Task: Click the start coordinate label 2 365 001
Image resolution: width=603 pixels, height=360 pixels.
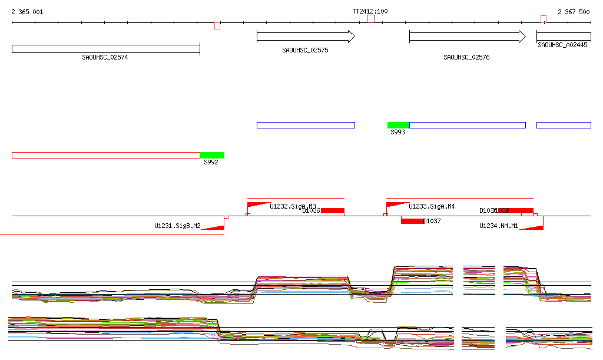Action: [x=27, y=12]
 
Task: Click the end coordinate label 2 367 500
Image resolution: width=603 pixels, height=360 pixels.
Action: [x=574, y=12]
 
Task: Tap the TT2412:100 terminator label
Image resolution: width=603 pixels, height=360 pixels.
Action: [x=370, y=11]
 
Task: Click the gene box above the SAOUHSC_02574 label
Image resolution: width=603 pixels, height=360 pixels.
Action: [x=106, y=49]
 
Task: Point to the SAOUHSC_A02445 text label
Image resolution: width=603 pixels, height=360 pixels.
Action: [x=562, y=45]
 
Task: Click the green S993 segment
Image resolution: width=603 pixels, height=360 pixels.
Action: [x=398, y=125]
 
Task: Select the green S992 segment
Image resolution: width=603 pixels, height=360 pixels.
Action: [x=212, y=155]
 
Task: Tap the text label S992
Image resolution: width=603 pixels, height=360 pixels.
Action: [x=211, y=162]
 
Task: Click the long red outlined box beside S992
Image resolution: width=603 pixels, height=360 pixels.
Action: [x=106, y=155]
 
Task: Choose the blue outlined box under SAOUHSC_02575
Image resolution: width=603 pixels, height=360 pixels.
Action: [x=306, y=125]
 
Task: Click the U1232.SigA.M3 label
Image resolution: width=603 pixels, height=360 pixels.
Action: [x=293, y=206]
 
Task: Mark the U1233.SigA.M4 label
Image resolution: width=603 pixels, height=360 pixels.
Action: [x=432, y=206]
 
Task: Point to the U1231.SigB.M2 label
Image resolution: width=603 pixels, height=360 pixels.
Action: [x=177, y=226]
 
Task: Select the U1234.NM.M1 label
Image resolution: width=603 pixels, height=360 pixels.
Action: [x=499, y=226]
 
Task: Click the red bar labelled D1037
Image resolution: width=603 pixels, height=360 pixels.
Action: [x=412, y=221]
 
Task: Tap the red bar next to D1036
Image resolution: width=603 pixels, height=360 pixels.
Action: [x=333, y=211]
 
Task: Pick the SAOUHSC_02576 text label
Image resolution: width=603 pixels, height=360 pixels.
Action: [x=466, y=58]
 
